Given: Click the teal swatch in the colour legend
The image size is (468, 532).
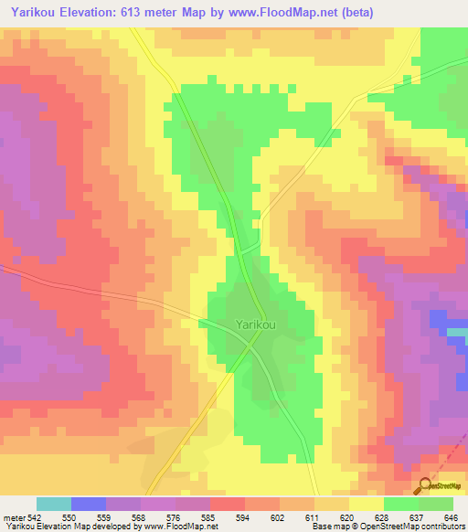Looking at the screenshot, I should [x=54, y=504].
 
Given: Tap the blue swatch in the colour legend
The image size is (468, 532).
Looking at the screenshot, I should [x=89, y=504].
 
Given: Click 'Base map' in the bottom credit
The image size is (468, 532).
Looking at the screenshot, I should [x=326, y=527].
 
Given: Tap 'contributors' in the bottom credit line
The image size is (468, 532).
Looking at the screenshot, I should [x=438, y=527].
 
